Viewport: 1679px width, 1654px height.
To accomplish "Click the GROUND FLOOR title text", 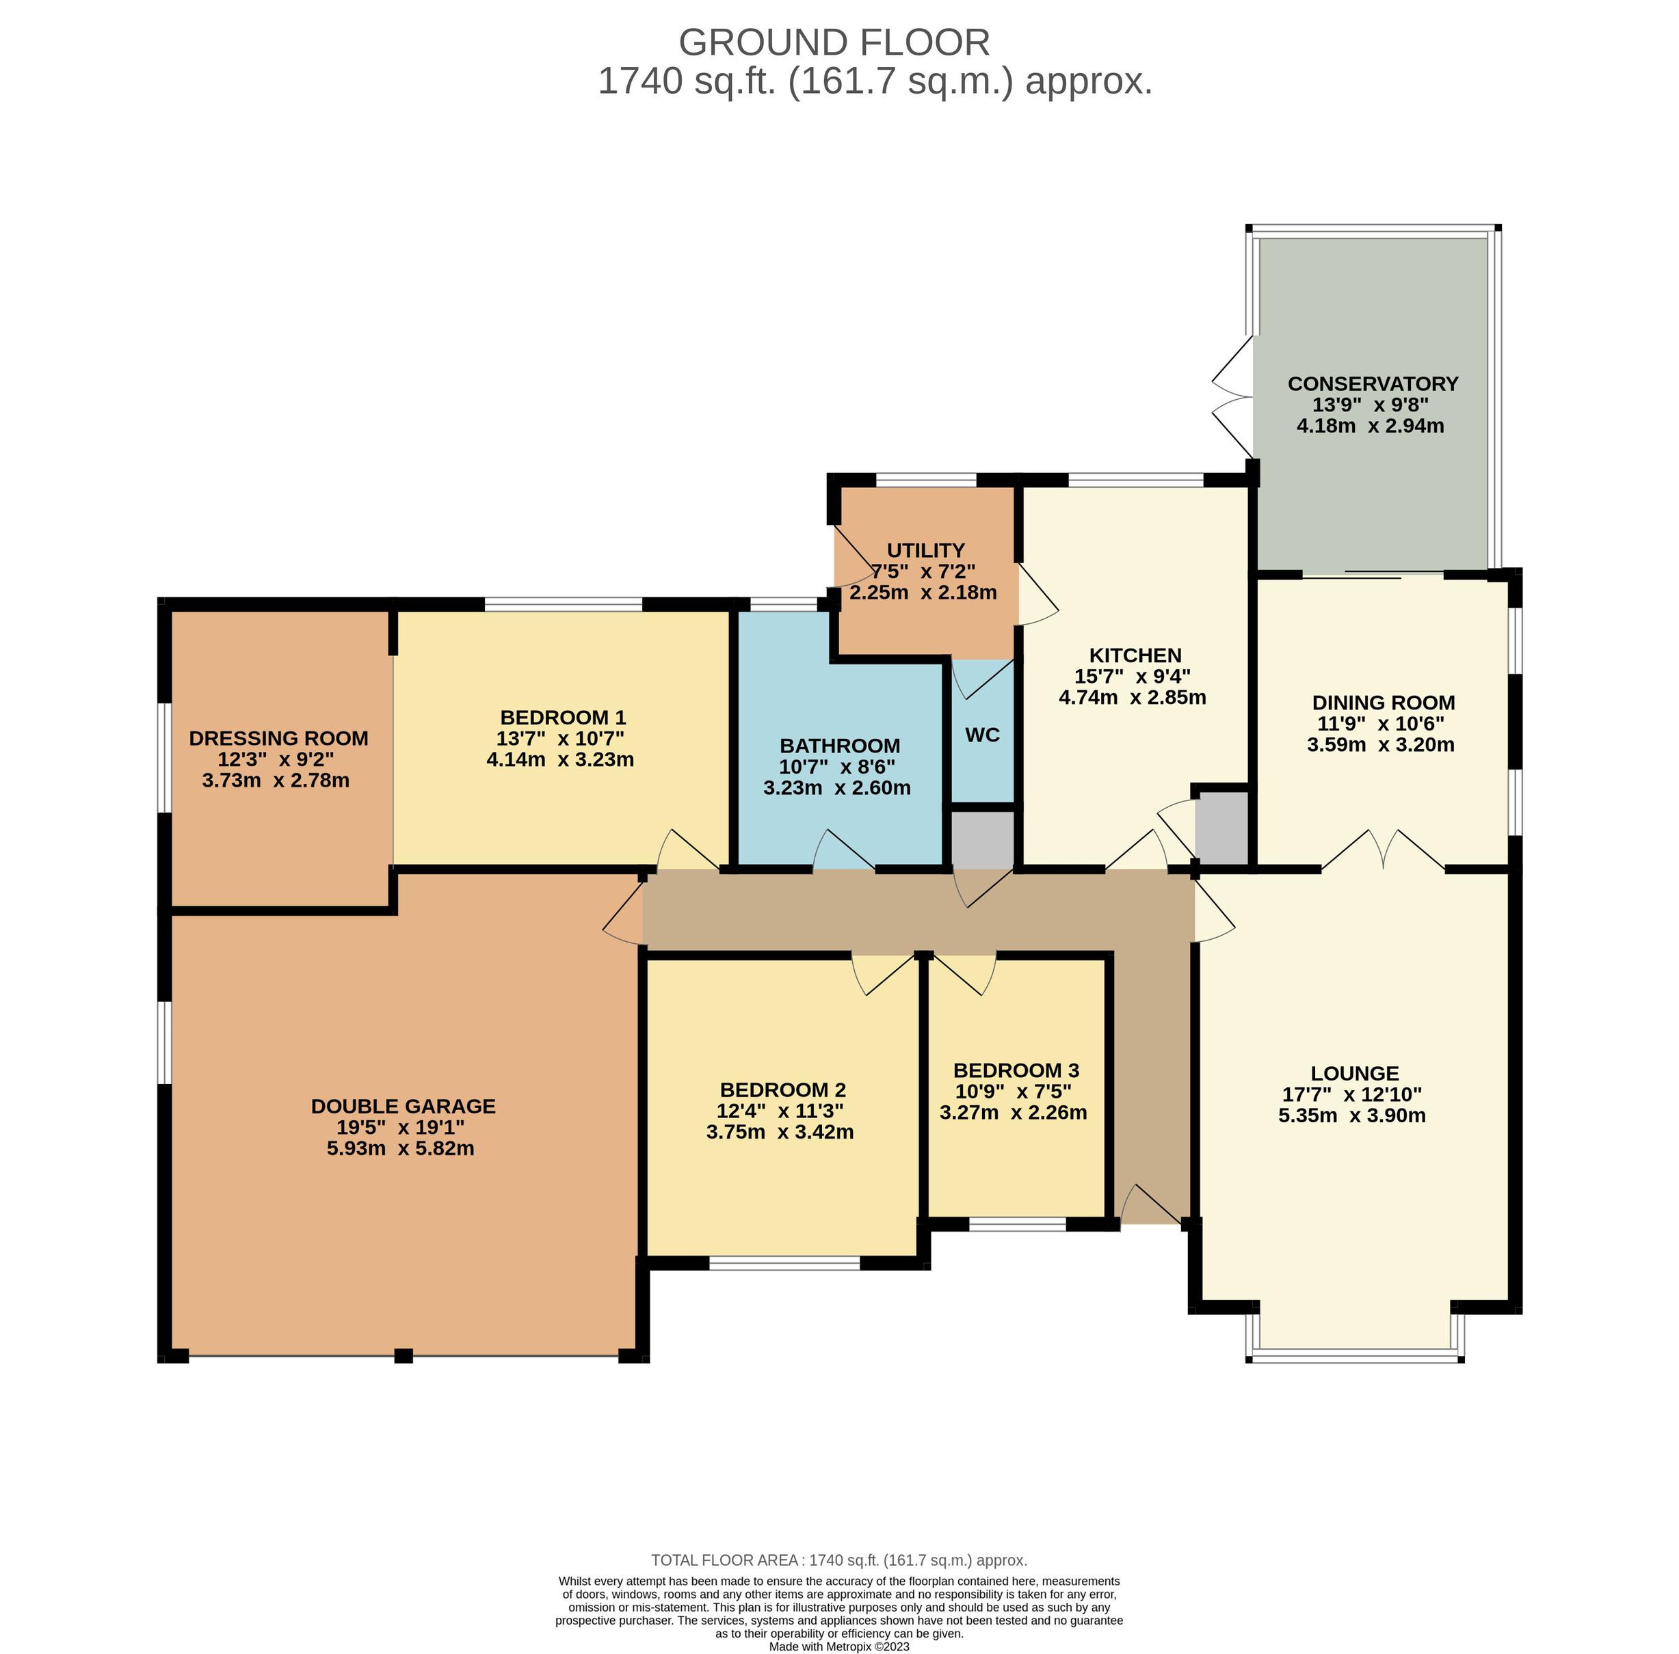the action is tap(834, 42).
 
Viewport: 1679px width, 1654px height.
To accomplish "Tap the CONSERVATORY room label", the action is tap(1373, 383).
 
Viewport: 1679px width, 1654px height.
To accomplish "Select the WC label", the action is tap(983, 735).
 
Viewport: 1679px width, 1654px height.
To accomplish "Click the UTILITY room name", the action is tap(925, 550).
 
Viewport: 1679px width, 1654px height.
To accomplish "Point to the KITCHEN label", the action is tap(1136, 655).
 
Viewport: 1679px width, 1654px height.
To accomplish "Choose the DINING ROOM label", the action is tap(1384, 702).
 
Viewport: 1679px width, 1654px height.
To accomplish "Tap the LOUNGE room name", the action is tap(1355, 1074).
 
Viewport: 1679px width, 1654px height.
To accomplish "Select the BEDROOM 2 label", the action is tap(783, 1089).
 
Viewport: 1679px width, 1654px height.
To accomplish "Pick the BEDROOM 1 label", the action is tap(563, 718).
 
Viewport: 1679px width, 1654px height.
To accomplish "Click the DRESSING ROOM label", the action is tap(279, 738).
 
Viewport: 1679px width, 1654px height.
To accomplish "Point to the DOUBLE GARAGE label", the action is tap(404, 1106).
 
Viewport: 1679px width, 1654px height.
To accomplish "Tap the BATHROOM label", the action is tap(840, 746).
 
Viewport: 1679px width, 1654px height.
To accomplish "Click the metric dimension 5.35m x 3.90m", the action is tap(1352, 1115).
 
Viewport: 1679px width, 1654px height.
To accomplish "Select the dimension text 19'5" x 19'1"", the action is tap(401, 1128).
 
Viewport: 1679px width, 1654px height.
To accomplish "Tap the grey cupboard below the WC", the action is tap(983, 839).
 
